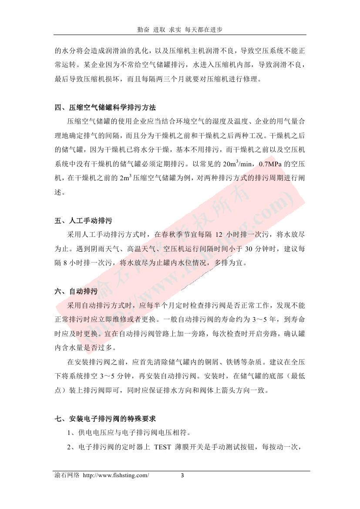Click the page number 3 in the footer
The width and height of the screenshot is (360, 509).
click(x=183, y=475)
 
